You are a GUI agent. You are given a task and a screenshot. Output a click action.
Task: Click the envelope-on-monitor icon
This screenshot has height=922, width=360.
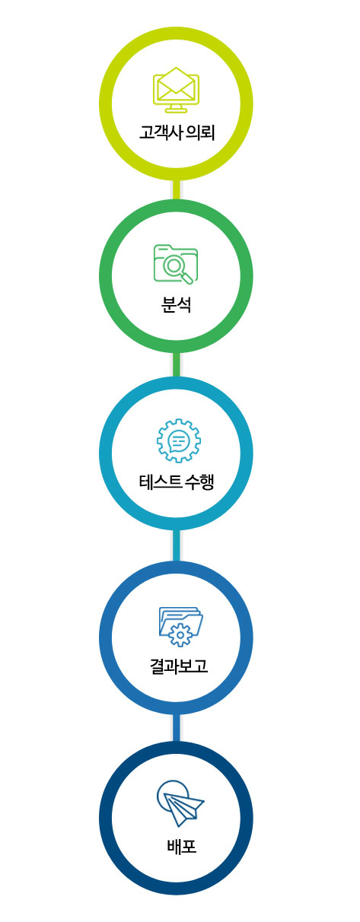(176, 90)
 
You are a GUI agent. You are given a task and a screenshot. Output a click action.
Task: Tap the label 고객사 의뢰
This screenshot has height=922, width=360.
(177, 133)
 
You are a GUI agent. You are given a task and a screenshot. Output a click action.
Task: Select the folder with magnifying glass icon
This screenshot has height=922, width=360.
(176, 264)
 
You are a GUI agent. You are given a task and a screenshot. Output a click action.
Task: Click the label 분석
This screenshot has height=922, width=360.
(177, 305)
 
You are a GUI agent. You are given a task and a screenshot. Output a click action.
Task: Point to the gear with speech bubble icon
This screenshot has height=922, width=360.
(178, 440)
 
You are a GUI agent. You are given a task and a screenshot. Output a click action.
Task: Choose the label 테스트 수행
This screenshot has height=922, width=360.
(177, 482)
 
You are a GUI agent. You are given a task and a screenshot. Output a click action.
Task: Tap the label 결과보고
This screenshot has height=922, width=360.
(179, 666)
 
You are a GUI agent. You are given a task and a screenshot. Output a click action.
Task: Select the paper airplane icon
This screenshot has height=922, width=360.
(180, 803)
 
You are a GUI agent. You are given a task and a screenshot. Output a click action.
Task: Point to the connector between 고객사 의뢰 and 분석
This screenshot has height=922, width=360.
(177, 189)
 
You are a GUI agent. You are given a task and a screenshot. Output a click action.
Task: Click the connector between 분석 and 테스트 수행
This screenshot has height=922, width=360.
(177, 364)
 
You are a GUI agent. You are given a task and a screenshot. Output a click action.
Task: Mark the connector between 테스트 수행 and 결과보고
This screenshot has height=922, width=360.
(177, 545)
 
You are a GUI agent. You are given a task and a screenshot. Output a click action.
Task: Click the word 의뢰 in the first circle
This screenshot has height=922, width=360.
(201, 133)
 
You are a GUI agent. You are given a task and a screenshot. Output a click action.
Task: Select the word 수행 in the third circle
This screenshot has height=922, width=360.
(200, 482)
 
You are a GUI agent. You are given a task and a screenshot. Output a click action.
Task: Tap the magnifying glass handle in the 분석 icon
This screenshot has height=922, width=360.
(187, 278)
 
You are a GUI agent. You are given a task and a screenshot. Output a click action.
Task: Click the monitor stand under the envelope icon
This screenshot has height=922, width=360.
(176, 109)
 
